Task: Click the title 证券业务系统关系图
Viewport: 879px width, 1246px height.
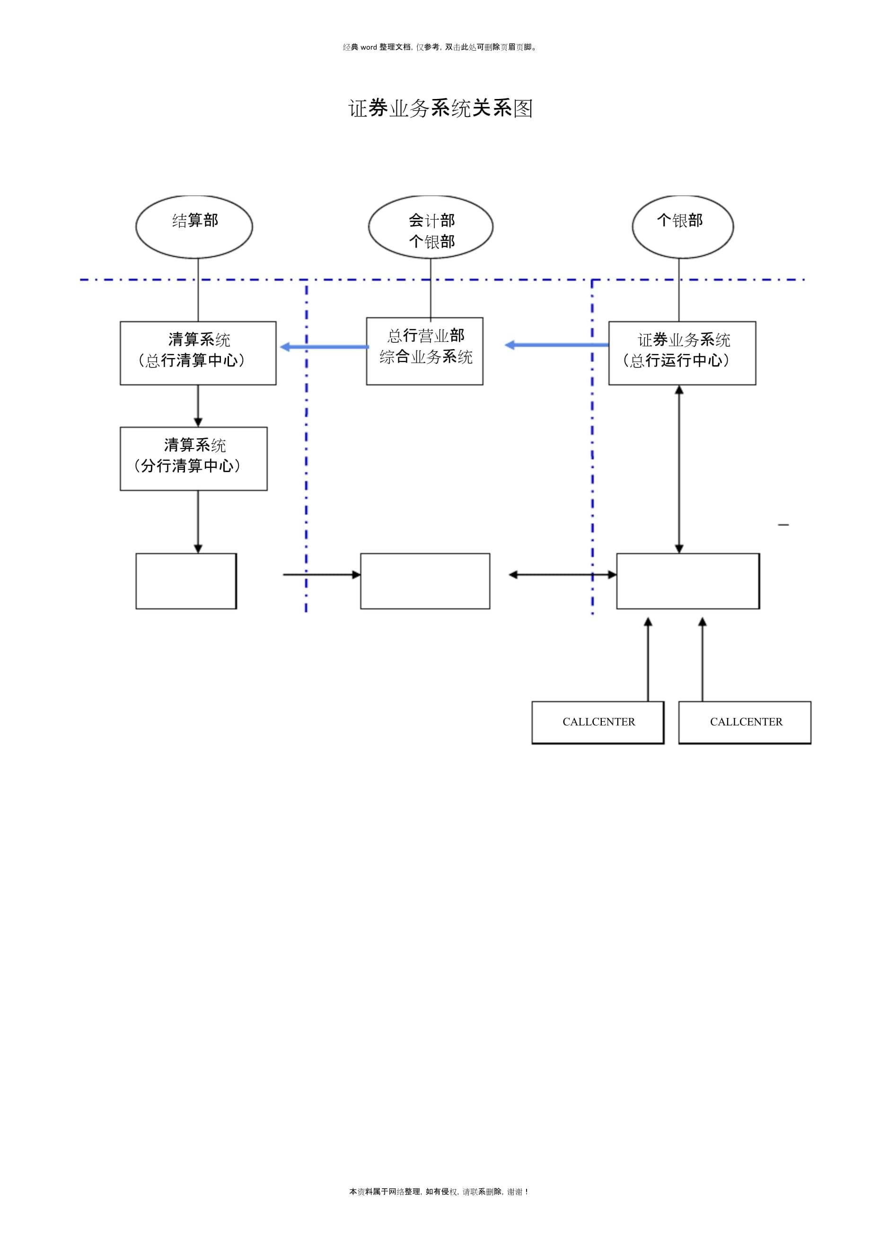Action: pyautogui.click(x=440, y=108)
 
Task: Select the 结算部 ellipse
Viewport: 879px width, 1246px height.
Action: pyautogui.click(x=194, y=227)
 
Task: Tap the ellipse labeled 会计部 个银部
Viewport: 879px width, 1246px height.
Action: pyautogui.click(x=431, y=227)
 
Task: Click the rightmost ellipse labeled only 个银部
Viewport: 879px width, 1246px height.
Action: pyautogui.click(x=682, y=227)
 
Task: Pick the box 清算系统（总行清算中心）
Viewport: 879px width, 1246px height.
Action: pyautogui.click(x=198, y=353)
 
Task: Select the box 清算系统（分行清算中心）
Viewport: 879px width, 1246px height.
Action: pyautogui.click(x=193, y=458)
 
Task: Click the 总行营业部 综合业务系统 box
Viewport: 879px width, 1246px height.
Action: pyautogui.click(x=424, y=351)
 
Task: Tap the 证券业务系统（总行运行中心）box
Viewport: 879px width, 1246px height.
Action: pyautogui.click(x=682, y=353)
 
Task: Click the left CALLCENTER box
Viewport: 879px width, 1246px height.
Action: pyautogui.click(x=598, y=722)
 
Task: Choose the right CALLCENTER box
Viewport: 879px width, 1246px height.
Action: pyautogui.click(x=745, y=722)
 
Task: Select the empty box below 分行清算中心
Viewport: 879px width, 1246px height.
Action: pyautogui.click(x=186, y=581)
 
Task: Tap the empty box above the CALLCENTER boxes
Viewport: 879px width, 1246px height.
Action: pyautogui.click(x=687, y=581)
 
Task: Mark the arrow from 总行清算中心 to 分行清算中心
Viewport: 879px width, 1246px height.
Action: pyautogui.click(x=198, y=406)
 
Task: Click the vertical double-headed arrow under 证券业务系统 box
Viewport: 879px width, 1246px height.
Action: pyautogui.click(x=679, y=469)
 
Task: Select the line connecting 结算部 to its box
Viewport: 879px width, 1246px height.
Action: pyautogui.click(x=198, y=290)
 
